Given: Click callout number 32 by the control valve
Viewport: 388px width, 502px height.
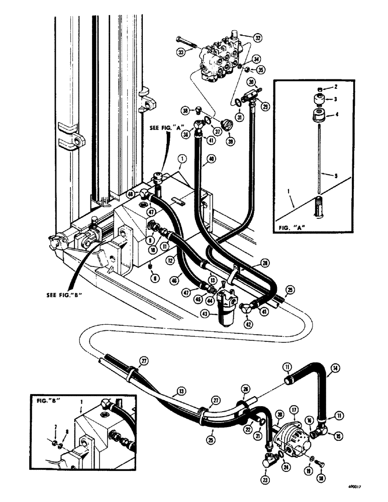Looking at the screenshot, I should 258,38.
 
